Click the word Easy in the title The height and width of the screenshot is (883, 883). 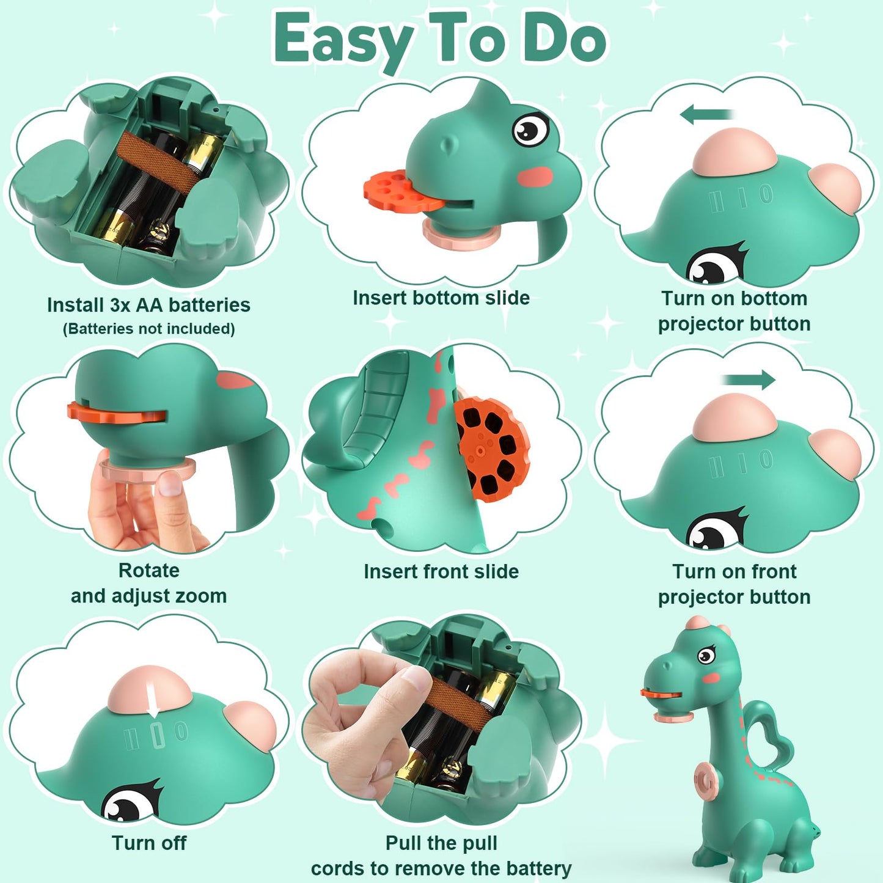coord(345,42)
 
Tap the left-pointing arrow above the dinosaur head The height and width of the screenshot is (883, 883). coord(706,114)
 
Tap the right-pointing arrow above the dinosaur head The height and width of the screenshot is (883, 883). coord(749,379)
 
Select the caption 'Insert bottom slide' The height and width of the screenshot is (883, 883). coord(441,298)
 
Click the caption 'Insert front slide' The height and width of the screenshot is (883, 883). coord(441,571)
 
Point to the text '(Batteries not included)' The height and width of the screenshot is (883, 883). coord(149,329)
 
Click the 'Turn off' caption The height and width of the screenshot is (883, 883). coord(149,843)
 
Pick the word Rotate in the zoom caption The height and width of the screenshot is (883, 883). coord(149,571)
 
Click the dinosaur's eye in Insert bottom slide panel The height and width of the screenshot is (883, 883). coord(530,129)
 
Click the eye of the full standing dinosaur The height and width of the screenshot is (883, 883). coord(706,655)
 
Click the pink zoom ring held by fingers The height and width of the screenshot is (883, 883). coord(147,471)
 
